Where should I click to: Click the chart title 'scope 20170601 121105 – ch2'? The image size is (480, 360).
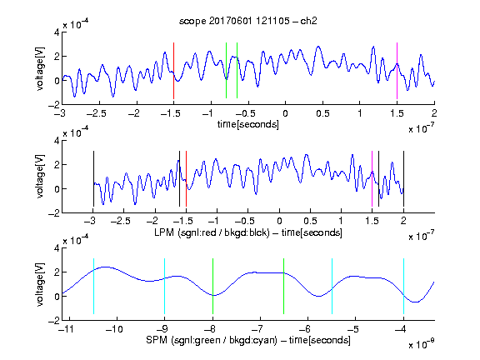pos(248,21)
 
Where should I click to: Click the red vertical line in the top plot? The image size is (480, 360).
pos(173,71)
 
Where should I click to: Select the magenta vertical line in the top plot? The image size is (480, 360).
pos(397,71)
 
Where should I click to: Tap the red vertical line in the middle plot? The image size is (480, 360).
pos(186,179)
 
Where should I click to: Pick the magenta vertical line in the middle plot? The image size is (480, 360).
pos(372,179)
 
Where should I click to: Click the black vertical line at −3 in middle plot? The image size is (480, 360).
pos(93,179)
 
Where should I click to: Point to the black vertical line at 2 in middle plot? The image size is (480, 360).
pos(403,179)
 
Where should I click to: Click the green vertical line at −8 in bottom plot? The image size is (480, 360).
pos(212,286)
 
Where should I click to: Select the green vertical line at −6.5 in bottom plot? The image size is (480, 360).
pos(284,286)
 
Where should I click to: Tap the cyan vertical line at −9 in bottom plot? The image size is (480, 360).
pos(165,286)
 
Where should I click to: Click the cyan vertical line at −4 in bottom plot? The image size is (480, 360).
pos(404,286)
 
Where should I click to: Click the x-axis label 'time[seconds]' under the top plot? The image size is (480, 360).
pos(248,124)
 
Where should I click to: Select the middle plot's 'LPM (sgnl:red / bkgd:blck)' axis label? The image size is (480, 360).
pos(212,232)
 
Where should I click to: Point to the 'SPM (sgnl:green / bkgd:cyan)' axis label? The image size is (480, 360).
pos(212,340)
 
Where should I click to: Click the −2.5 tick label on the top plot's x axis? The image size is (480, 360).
pos(96,113)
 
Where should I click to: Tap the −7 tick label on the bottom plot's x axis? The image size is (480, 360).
pos(259,329)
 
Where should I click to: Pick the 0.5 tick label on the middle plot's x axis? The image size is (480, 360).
pos(310,221)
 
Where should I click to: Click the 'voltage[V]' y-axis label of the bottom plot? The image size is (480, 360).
pos(40,284)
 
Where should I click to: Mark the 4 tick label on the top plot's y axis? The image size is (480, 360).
pos(57,32)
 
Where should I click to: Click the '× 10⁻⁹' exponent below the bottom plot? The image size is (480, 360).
pos(421,344)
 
